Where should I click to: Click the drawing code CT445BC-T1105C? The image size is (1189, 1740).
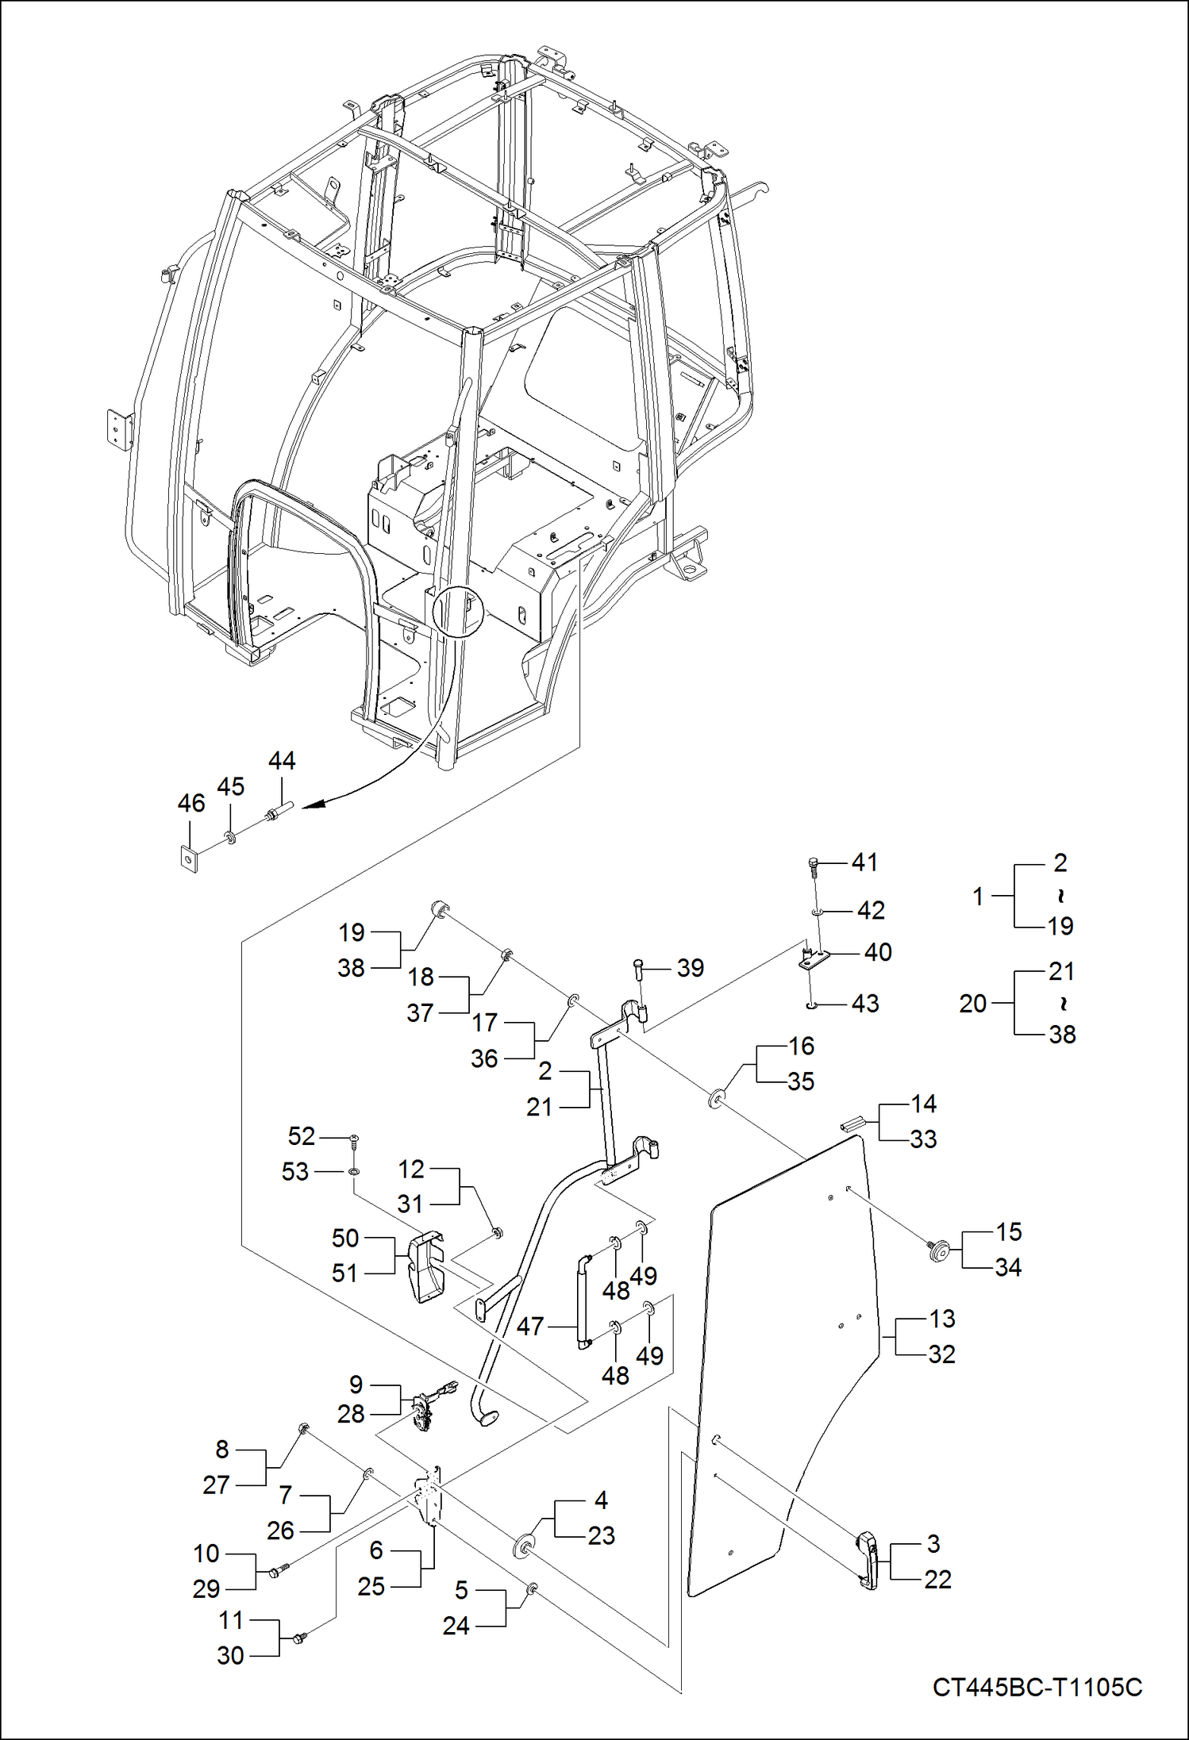[x=1037, y=1687]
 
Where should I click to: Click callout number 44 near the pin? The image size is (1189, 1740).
[x=282, y=761]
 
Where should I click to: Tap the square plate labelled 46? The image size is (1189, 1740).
[x=188, y=858]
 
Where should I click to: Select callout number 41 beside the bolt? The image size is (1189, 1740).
[x=864, y=862]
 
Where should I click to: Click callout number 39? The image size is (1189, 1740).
[x=690, y=968]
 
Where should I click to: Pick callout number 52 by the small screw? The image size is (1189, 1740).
[x=302, y=1136]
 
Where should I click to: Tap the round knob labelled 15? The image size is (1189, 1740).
[x=940, y=1251]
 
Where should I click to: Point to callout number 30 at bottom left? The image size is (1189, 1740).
[x=230, y=1656]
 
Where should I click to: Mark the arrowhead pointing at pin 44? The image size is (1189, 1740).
[x=314, y=805]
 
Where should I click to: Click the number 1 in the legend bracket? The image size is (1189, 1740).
[x=978, y=896]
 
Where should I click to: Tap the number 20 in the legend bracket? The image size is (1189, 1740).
[x=973, y=1004]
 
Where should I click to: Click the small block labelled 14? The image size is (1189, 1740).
[x=852, y=1124]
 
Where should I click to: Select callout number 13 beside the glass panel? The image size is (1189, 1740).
[x=942, y=1319]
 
